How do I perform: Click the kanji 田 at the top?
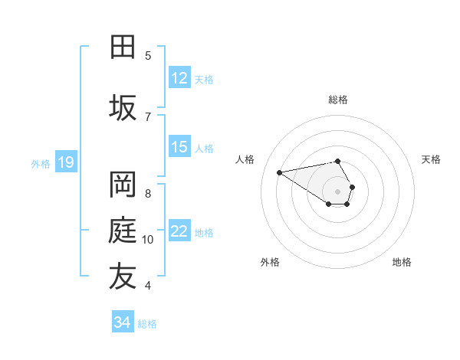click(x=123, y=47)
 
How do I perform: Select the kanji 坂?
click(x=123, y=108)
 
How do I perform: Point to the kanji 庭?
click(x=123, y=231)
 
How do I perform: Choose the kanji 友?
click(x=123, y=277)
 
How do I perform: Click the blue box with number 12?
click(x=179, y=78)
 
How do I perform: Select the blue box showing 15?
click(x=179, y=147)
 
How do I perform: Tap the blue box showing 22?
click(x=179, y=231)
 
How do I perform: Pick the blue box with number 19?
click(x=66, y=162)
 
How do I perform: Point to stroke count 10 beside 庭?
click(x=148, y=240)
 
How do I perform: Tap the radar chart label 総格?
click(x=338, y=100)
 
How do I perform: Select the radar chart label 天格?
click(x=431, y=159)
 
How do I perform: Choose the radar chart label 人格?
click(x=245, y=159)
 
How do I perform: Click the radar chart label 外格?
click(x=270, y=262)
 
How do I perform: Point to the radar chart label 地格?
click(x=402, y=262)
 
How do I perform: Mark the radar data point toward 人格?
click(x=280, y=172)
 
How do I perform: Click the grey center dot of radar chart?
click(x=338, y=191)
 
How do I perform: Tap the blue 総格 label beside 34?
click(x=147, y=324)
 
